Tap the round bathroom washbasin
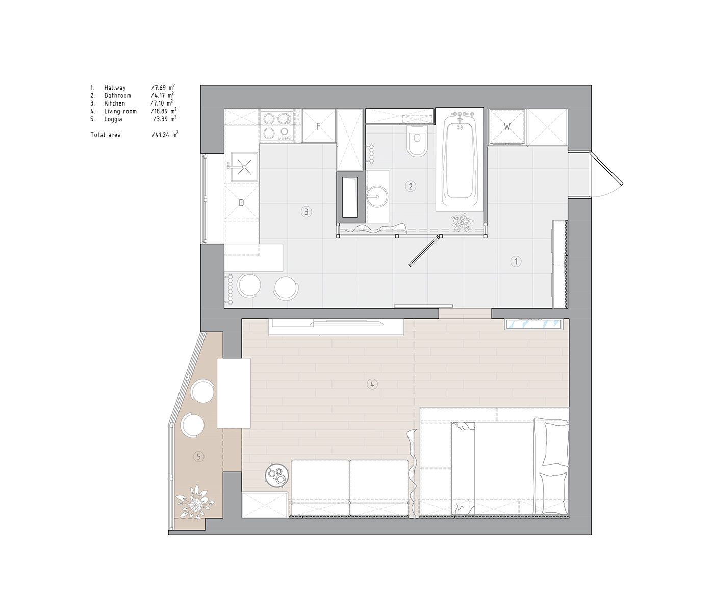pos(376,197)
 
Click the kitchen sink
pos(244,167)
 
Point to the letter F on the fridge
pos(318,126)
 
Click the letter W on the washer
pos(507,126)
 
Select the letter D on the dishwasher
pos(241,203)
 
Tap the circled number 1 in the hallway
pos(516,261)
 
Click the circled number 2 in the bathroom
pos(411,187)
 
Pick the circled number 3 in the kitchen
pos(306,212)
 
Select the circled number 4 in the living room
pos(372,384)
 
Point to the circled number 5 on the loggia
pos(198,457)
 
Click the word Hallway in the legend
pos(115,88)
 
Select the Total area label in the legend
pos(106,135)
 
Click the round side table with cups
pos(277,476)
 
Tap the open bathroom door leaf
pos(424,251)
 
